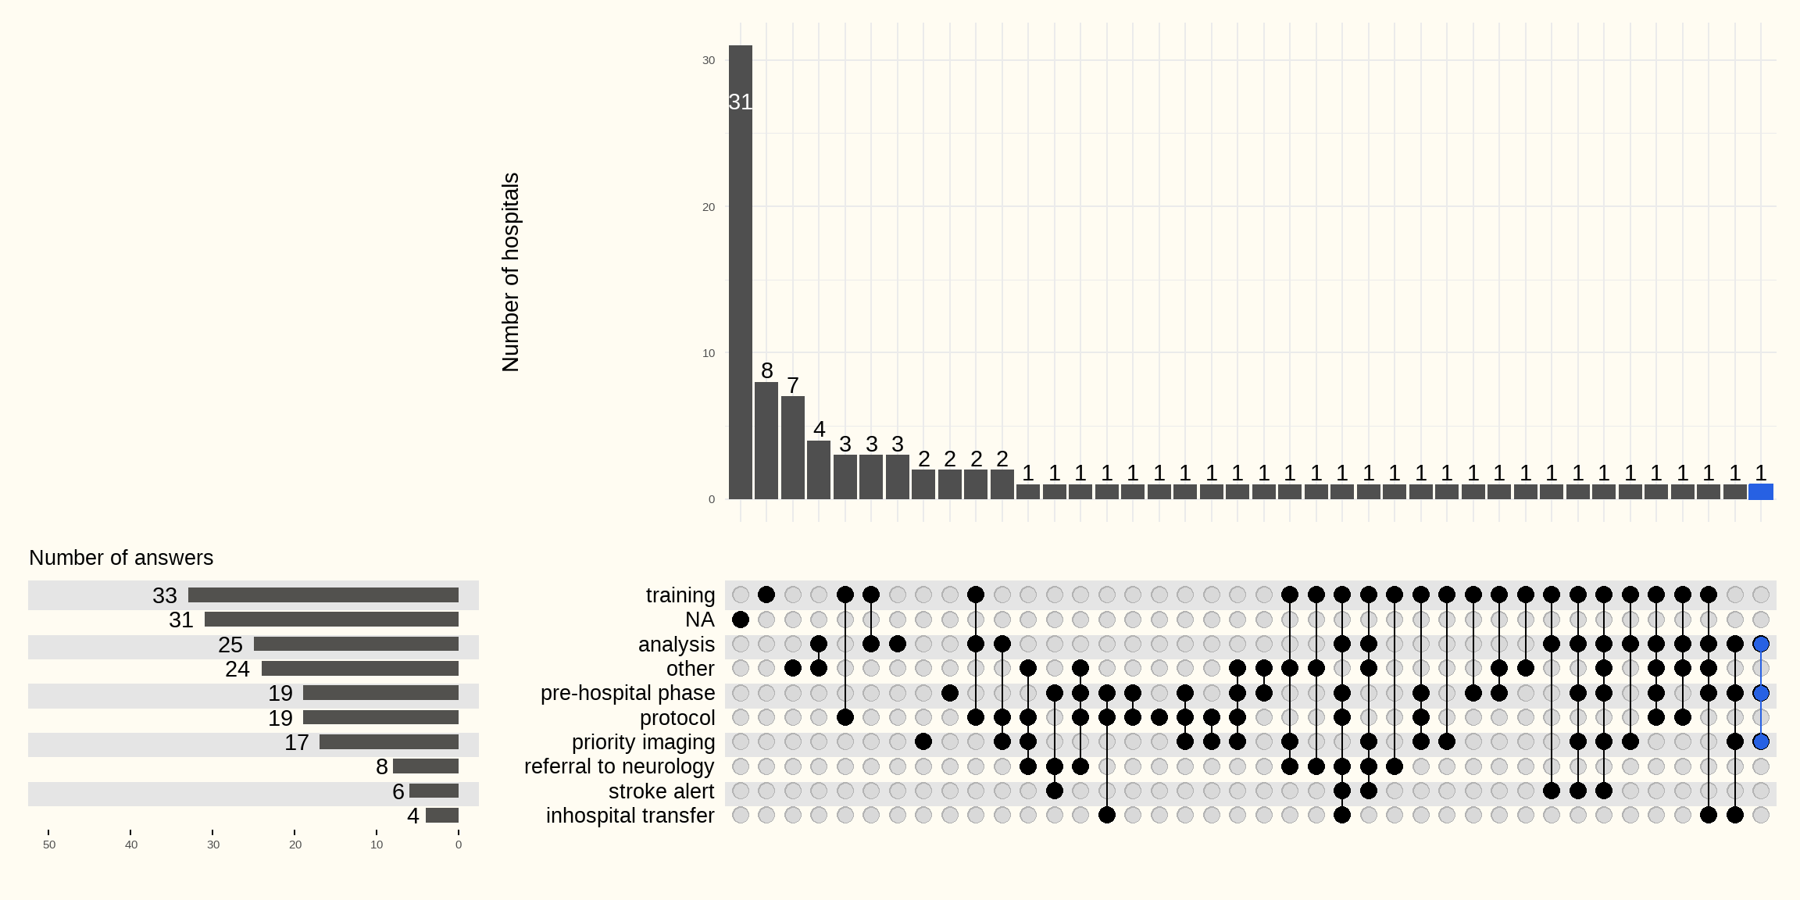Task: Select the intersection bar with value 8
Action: [766, 441]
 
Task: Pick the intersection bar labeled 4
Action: [819, 470]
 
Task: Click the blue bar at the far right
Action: [1760, 491]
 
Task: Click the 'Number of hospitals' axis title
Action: [510, 272]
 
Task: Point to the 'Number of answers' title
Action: [121, 558]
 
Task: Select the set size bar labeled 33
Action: [323, 595]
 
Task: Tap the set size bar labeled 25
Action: [355, 645]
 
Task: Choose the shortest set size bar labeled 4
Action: [442, 816]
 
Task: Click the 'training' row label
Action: [680, 595]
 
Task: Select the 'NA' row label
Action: [699, 620]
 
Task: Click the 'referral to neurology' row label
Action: [619, 766]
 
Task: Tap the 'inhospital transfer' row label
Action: [630, 816]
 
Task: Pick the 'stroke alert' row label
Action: [661, 791]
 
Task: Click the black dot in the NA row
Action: [740, 620]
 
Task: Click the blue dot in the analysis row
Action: [1760, 645]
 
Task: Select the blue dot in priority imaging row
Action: [1760, 741]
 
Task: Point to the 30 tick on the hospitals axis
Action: [709, 60]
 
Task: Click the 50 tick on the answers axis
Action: [49, 845]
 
